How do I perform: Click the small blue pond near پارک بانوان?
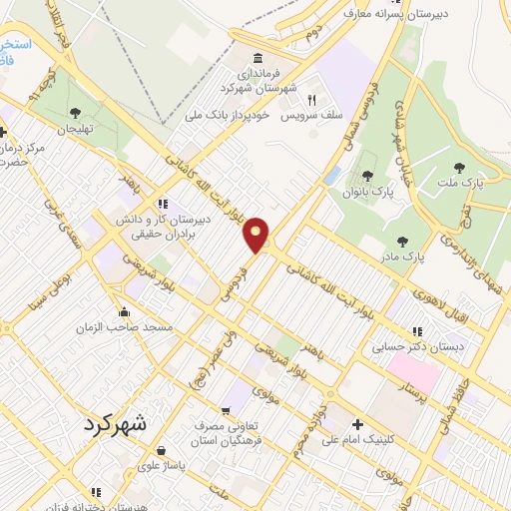(x=331, y=175)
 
